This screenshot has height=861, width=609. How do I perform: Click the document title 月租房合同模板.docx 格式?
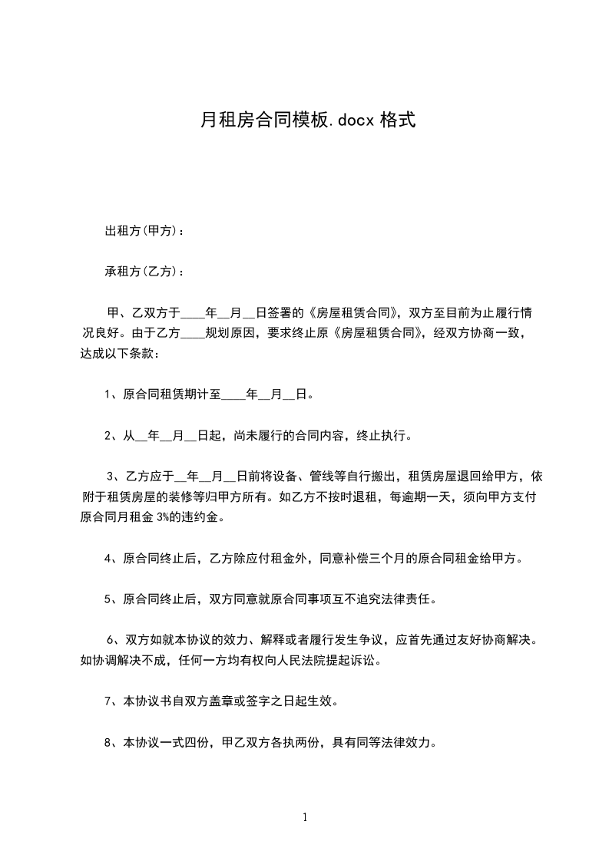pos(307,120)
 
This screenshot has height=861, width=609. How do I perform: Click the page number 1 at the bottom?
pos(305,817)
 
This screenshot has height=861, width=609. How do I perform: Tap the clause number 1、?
pos(112,395)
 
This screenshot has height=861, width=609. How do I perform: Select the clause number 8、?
pos(112,742)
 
